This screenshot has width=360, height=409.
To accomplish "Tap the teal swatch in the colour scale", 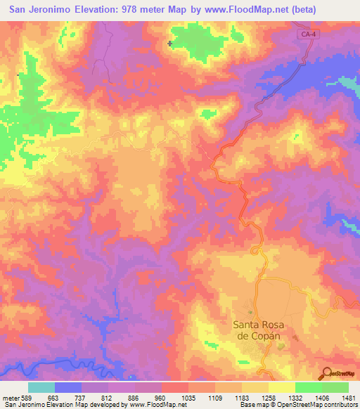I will point(41,387).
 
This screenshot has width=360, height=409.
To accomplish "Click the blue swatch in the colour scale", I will point(68,387).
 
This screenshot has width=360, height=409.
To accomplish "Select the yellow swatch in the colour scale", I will point(282,387).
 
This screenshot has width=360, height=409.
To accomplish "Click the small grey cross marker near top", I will point(170,44).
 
